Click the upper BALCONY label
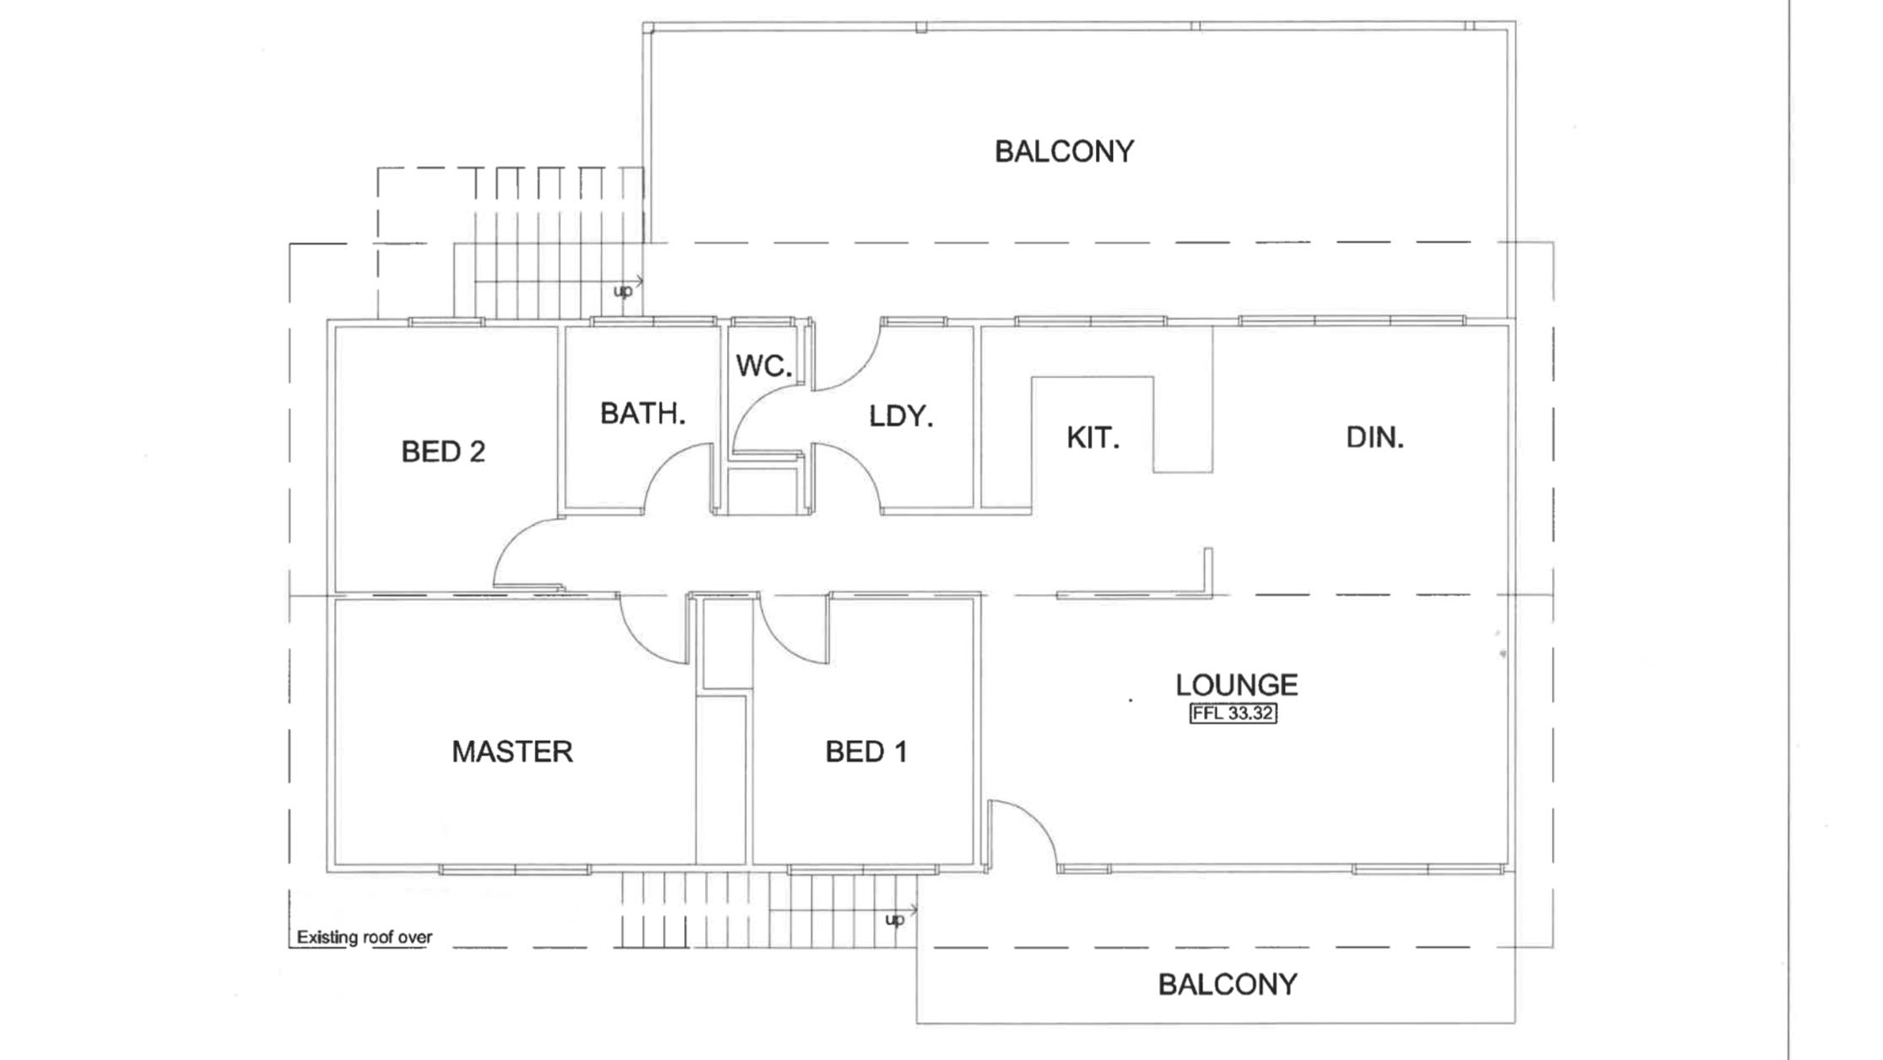click(x=1064, y=152)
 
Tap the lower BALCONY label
click(x=1227, y=984)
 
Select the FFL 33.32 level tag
click(x=1233, y=713)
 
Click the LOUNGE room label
click(x=1236, y=684)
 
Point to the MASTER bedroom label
click(x=512, y=751)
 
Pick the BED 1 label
click(x=866, y=751)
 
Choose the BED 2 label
click(x=443, y=452)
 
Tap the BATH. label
click(x=642, y=414)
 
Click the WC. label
click(x=763, y=365)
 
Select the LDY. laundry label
click(x=901, y=416)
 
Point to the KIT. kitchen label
click(x=1093, y=438)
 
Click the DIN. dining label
click(x=1374, y=437)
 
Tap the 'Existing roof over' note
click(x=364, y=937)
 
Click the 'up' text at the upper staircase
click(x=623, y=291)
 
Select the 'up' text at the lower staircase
click(x=894, y=918)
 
